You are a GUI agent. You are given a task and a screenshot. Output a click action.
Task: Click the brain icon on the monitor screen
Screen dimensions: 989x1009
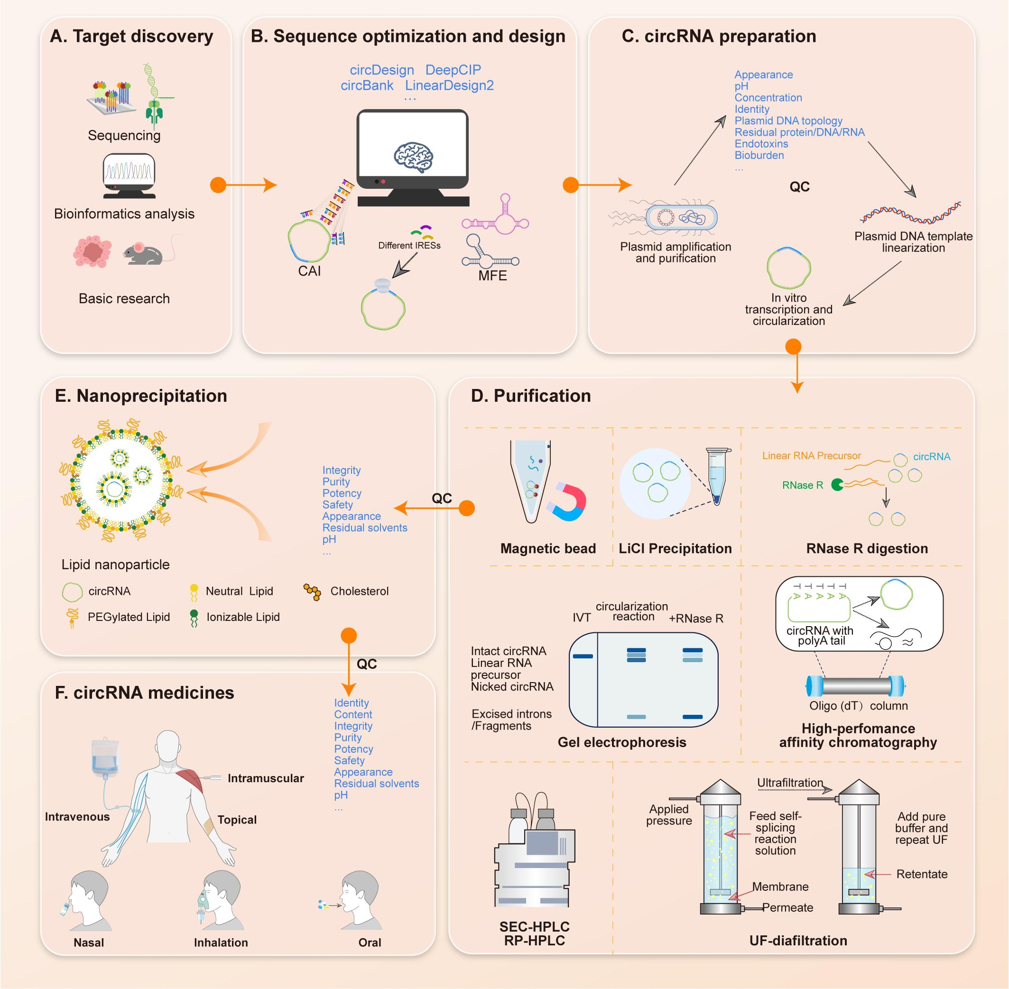pos(413,157)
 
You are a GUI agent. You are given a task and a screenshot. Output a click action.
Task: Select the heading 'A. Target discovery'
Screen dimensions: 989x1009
pos(131,37)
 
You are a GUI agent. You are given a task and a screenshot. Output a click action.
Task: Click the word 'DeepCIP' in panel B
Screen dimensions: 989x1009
pos(453,70)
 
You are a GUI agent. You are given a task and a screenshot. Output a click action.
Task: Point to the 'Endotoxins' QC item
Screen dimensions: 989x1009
pos(761,144)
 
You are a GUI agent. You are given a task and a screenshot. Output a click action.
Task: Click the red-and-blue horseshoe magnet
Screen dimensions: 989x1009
pos(567,501)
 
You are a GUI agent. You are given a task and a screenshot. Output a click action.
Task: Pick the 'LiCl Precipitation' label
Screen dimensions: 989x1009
pos(675,548)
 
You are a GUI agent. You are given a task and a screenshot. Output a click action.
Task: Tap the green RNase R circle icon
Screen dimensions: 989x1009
pos(837,485)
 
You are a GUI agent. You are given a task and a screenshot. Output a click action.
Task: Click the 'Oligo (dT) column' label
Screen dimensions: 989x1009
pos(858,706)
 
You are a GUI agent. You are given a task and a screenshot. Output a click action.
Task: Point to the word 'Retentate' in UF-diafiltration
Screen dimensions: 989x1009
pos(922,874)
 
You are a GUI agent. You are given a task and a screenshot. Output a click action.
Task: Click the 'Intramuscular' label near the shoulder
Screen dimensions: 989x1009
pos(266,778)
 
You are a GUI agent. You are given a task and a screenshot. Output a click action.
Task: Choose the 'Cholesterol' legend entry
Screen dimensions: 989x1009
pos(359,591)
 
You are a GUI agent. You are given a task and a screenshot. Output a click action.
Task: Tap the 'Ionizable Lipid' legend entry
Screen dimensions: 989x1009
pos(242,617)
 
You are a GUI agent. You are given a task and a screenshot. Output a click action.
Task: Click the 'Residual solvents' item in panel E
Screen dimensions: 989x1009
pos(365,528)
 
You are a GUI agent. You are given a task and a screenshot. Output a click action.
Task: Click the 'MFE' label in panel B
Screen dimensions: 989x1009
pos(492,276)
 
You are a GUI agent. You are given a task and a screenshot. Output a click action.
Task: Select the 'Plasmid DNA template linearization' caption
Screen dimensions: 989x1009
pos(913,242)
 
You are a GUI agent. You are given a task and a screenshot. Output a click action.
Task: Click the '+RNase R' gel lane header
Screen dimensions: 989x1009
pos(696,619)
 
